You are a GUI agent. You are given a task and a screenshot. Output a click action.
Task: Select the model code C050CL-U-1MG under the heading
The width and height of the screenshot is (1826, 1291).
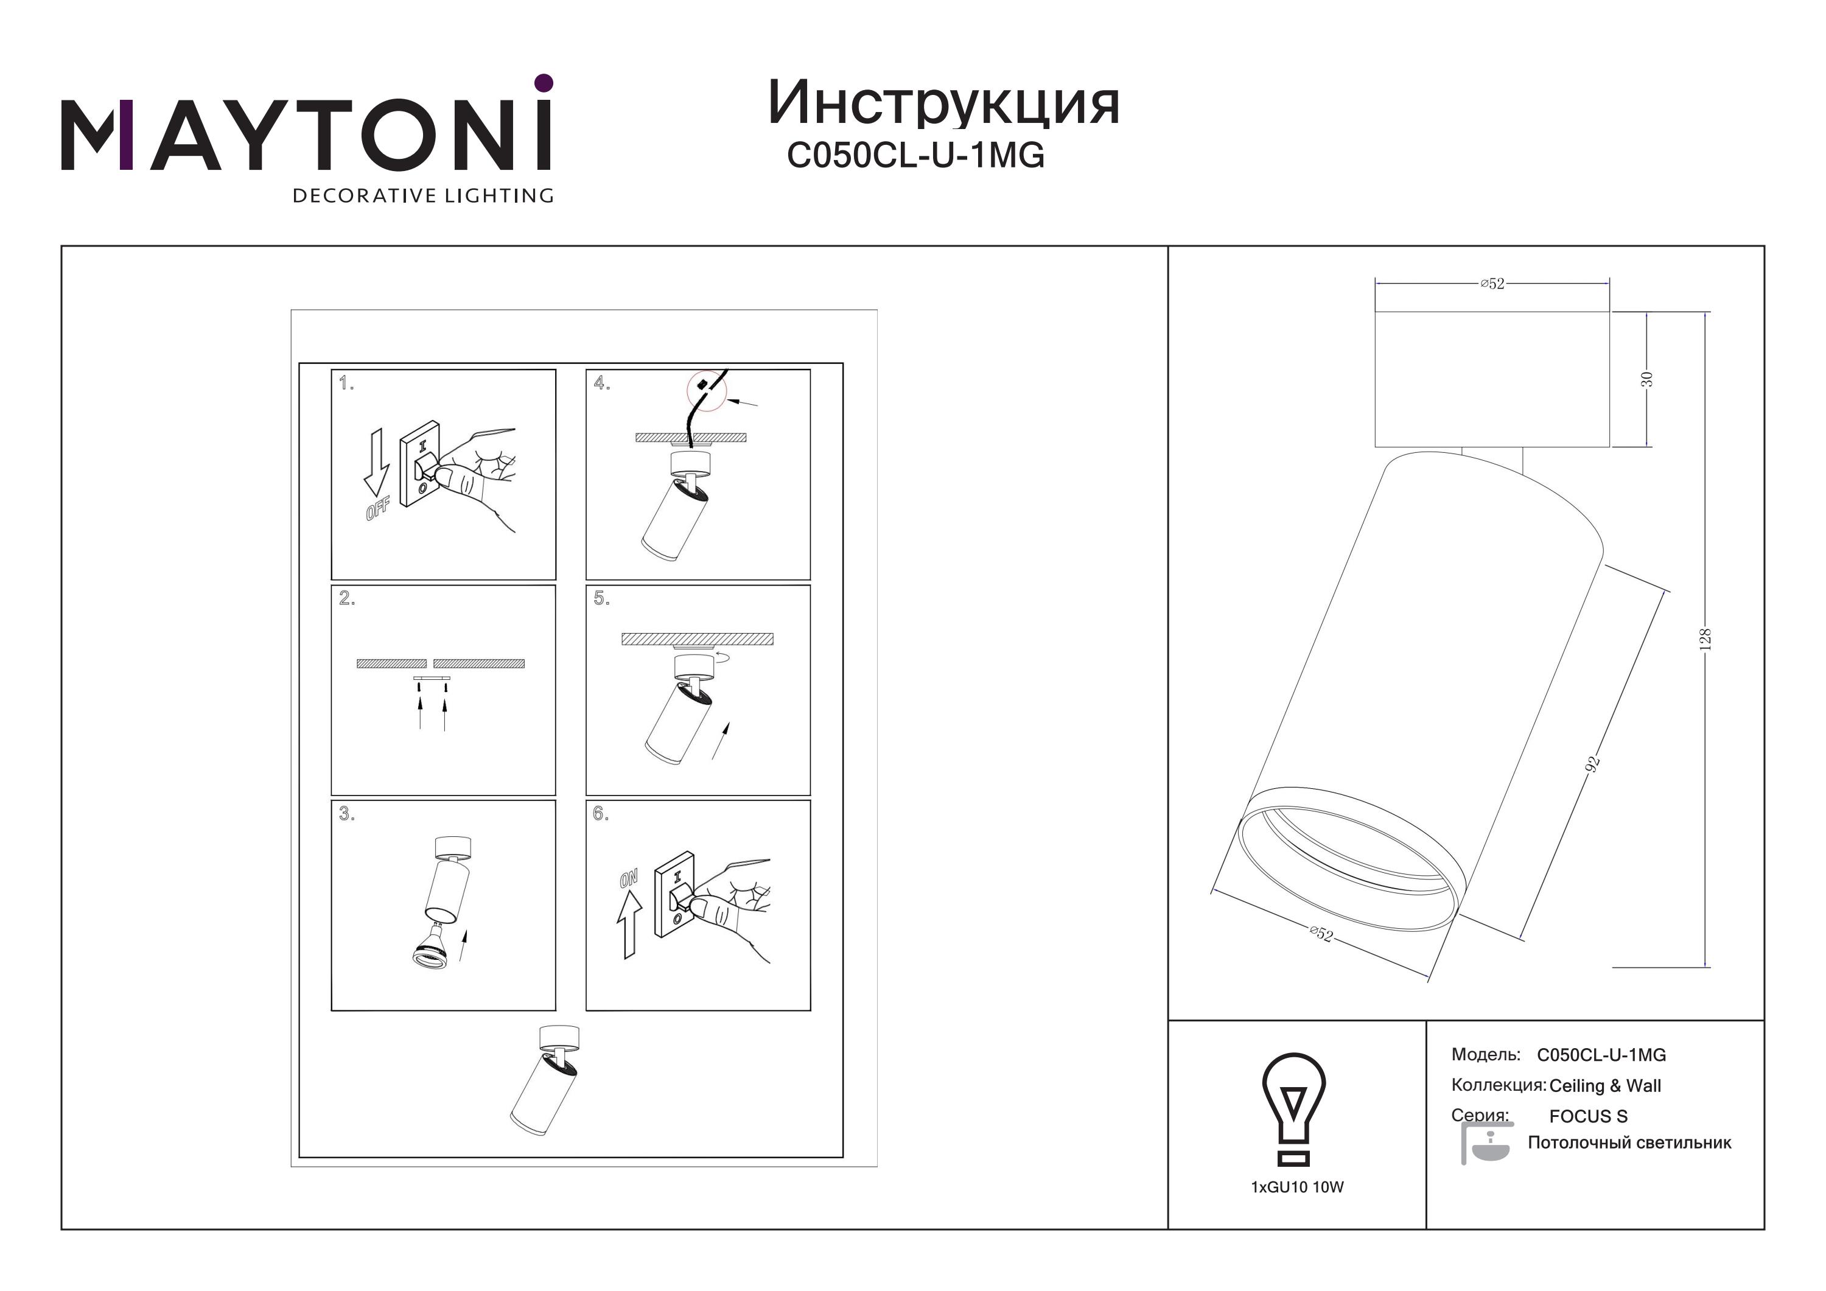915,155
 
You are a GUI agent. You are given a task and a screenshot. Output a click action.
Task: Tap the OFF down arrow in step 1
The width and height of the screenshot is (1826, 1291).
376,464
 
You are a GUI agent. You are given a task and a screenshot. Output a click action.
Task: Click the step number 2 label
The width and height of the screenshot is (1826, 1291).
347,598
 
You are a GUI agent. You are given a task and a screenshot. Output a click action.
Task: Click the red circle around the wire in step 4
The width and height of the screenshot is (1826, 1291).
707,391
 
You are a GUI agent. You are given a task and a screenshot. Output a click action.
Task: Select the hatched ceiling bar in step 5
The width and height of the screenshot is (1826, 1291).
697,639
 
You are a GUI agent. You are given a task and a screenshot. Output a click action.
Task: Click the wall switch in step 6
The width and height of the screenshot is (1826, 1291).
674,894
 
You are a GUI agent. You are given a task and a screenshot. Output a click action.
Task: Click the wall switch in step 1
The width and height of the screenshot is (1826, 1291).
420,464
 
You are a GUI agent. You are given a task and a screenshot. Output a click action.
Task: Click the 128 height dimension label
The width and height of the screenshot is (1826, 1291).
1704,639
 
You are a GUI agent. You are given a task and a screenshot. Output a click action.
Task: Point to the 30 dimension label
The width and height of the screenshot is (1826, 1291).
1647,379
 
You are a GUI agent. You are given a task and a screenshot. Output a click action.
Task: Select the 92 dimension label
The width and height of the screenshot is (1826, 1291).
1592,764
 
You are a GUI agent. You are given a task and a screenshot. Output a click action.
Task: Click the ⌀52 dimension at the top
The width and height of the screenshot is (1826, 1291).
1492,283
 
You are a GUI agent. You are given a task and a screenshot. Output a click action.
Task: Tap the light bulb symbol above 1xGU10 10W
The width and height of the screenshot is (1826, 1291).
1294,1110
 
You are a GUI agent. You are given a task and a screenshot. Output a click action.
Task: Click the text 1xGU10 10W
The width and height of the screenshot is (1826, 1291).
1297,1187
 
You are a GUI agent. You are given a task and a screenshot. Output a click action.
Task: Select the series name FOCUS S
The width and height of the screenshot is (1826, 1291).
1588,1116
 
